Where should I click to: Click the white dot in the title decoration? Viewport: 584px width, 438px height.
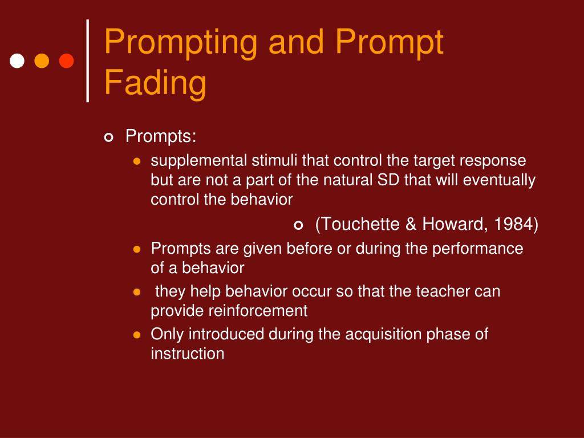click(17, 60)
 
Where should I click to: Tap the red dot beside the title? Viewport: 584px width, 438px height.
click(67, 60)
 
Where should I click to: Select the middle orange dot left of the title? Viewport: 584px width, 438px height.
click(42, 60)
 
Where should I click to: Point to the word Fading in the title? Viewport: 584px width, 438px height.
click(155, 82)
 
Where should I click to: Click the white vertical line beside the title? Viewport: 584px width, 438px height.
click(87, 60)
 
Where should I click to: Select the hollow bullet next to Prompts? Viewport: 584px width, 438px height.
click(109, 137)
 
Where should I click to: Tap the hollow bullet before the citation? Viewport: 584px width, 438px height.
click(298, 225)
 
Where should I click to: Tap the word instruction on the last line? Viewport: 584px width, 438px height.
click(187, 354)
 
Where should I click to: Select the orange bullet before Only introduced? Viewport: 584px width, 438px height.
click(136, 335)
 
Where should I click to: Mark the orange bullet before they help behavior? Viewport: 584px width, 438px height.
click(136, 292)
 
